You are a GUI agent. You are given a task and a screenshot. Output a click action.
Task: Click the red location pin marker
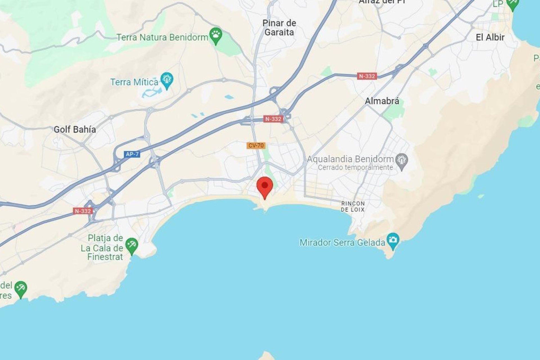click(x=265, y=186)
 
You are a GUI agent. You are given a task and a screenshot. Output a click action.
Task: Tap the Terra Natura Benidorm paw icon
click(x=216, y=35)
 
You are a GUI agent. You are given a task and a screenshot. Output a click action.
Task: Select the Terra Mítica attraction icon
click(x=167, y=80)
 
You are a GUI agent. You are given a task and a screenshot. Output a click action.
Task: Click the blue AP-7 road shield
click(x=132, y=154)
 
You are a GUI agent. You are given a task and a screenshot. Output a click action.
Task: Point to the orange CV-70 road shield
click(x=256, y=145)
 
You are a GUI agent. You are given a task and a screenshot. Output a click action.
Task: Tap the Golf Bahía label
click(x=75, y=129)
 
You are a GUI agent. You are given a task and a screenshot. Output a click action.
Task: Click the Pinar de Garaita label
click(x=279, y=28)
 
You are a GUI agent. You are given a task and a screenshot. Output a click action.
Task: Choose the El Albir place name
click(x=490, y=37)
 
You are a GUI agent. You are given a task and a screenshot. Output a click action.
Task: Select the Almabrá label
click(x=382, y=101)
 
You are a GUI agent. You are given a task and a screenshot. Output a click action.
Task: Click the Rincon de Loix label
click(x=353, y=206)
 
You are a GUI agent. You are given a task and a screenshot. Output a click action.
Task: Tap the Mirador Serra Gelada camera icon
click(x=393, y=240)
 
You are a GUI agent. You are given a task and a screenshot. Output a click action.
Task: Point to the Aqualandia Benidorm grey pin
click(x=401, y=161)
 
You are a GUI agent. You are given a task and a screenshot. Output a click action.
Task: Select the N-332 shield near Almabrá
click(x=367, y=76)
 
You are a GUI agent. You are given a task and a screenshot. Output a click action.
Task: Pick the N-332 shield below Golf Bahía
click(x=82, y=211)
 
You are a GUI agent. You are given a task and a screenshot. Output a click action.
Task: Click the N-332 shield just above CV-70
click(x=273, y=119)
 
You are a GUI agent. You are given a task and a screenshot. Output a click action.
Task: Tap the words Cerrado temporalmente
click(x=355, y=168)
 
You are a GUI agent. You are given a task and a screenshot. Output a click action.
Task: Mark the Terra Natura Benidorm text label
click(x=162, y=37)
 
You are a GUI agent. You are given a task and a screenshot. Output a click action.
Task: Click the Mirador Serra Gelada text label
click(x=342, y=242)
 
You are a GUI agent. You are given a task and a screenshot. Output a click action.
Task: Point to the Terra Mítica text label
click(x=134, y=82)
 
